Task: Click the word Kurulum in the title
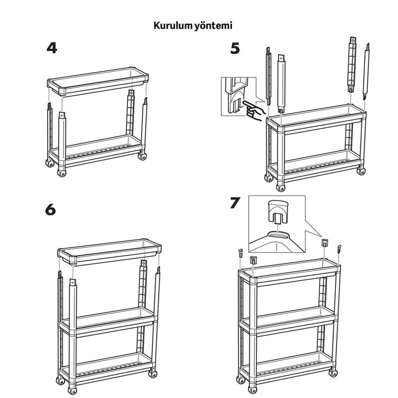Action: click(172, 25)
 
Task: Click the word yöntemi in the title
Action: click(213, 26)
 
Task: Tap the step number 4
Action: click(52, 48)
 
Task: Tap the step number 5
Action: click(235, 48)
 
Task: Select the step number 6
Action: click(50, 210)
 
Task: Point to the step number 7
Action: click(235, 203)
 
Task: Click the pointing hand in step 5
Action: click(254, 111)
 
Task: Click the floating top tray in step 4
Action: click(98, 81)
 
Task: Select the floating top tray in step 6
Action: click(109, 252)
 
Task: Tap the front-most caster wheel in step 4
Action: click(62, 173)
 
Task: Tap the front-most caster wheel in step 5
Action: click(281, 188)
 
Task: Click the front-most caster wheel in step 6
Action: click(72, 391)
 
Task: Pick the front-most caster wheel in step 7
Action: click(252, 390)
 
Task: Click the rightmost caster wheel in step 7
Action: click(333, 373)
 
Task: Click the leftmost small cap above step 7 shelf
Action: click(240, 253)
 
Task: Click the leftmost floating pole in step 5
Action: click(269, 76)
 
